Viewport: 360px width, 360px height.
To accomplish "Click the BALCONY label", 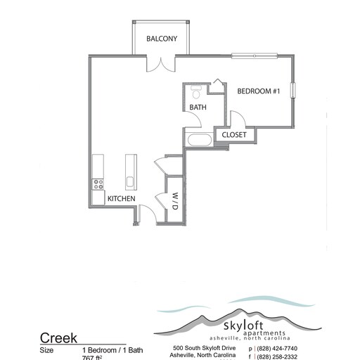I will [x=161, y=39].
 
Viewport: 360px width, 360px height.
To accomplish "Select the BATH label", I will [x=197, y=108].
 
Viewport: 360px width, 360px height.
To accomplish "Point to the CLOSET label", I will [x=233, y=135].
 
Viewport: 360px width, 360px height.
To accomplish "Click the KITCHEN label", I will [x=121, y=199].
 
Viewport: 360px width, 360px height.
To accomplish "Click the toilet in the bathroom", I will [x=197, y=91].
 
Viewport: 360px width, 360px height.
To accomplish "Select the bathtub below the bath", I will [x=198, y=139].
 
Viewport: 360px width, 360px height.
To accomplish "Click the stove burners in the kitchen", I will [x=97, y=184].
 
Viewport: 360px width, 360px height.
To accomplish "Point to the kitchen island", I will [x=130, y=172].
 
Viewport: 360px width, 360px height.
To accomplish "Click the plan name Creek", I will [x=58, y=338].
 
